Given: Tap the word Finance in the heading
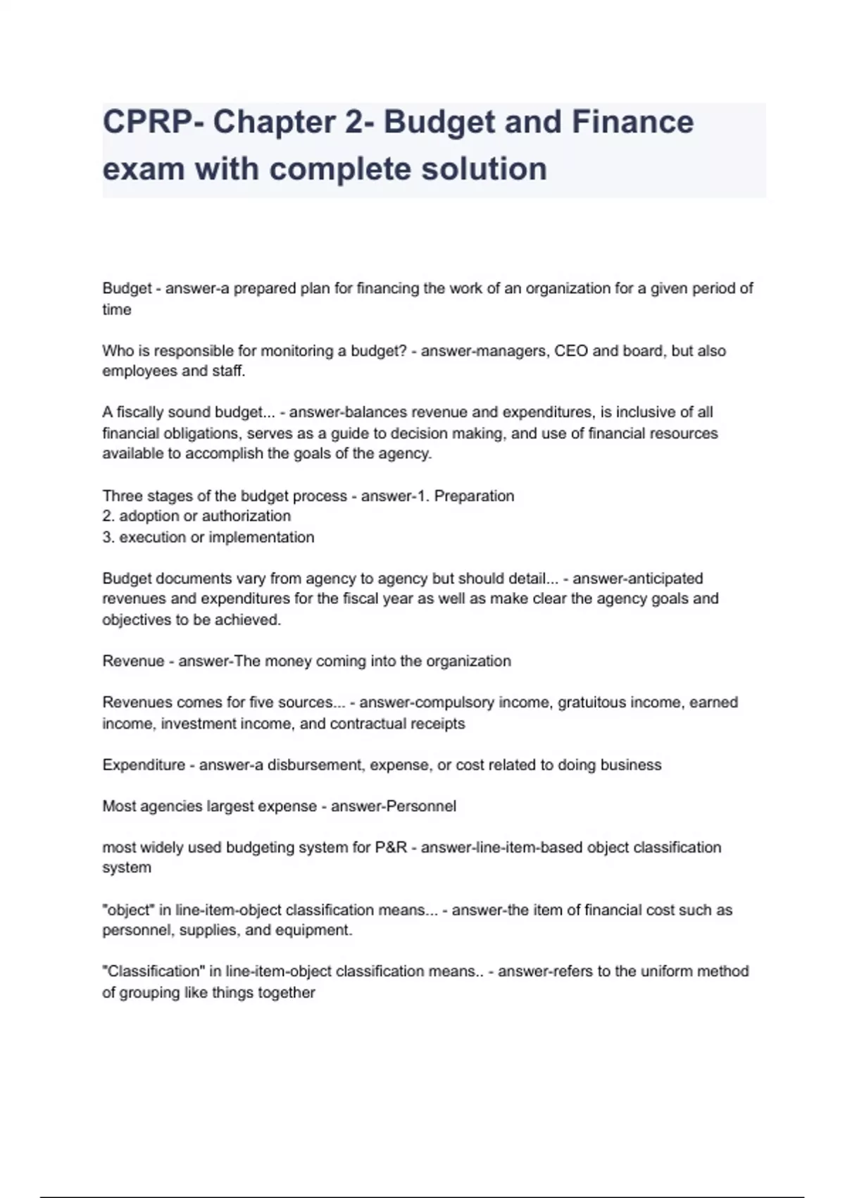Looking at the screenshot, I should coord(632,122).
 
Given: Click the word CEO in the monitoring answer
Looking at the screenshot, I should coord(571,351).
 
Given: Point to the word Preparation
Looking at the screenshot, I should coord(474,496).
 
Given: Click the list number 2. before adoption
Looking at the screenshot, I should coord(108,517).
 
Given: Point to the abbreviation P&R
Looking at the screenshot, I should coord(391,848).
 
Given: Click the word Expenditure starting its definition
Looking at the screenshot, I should coord(144,765).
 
